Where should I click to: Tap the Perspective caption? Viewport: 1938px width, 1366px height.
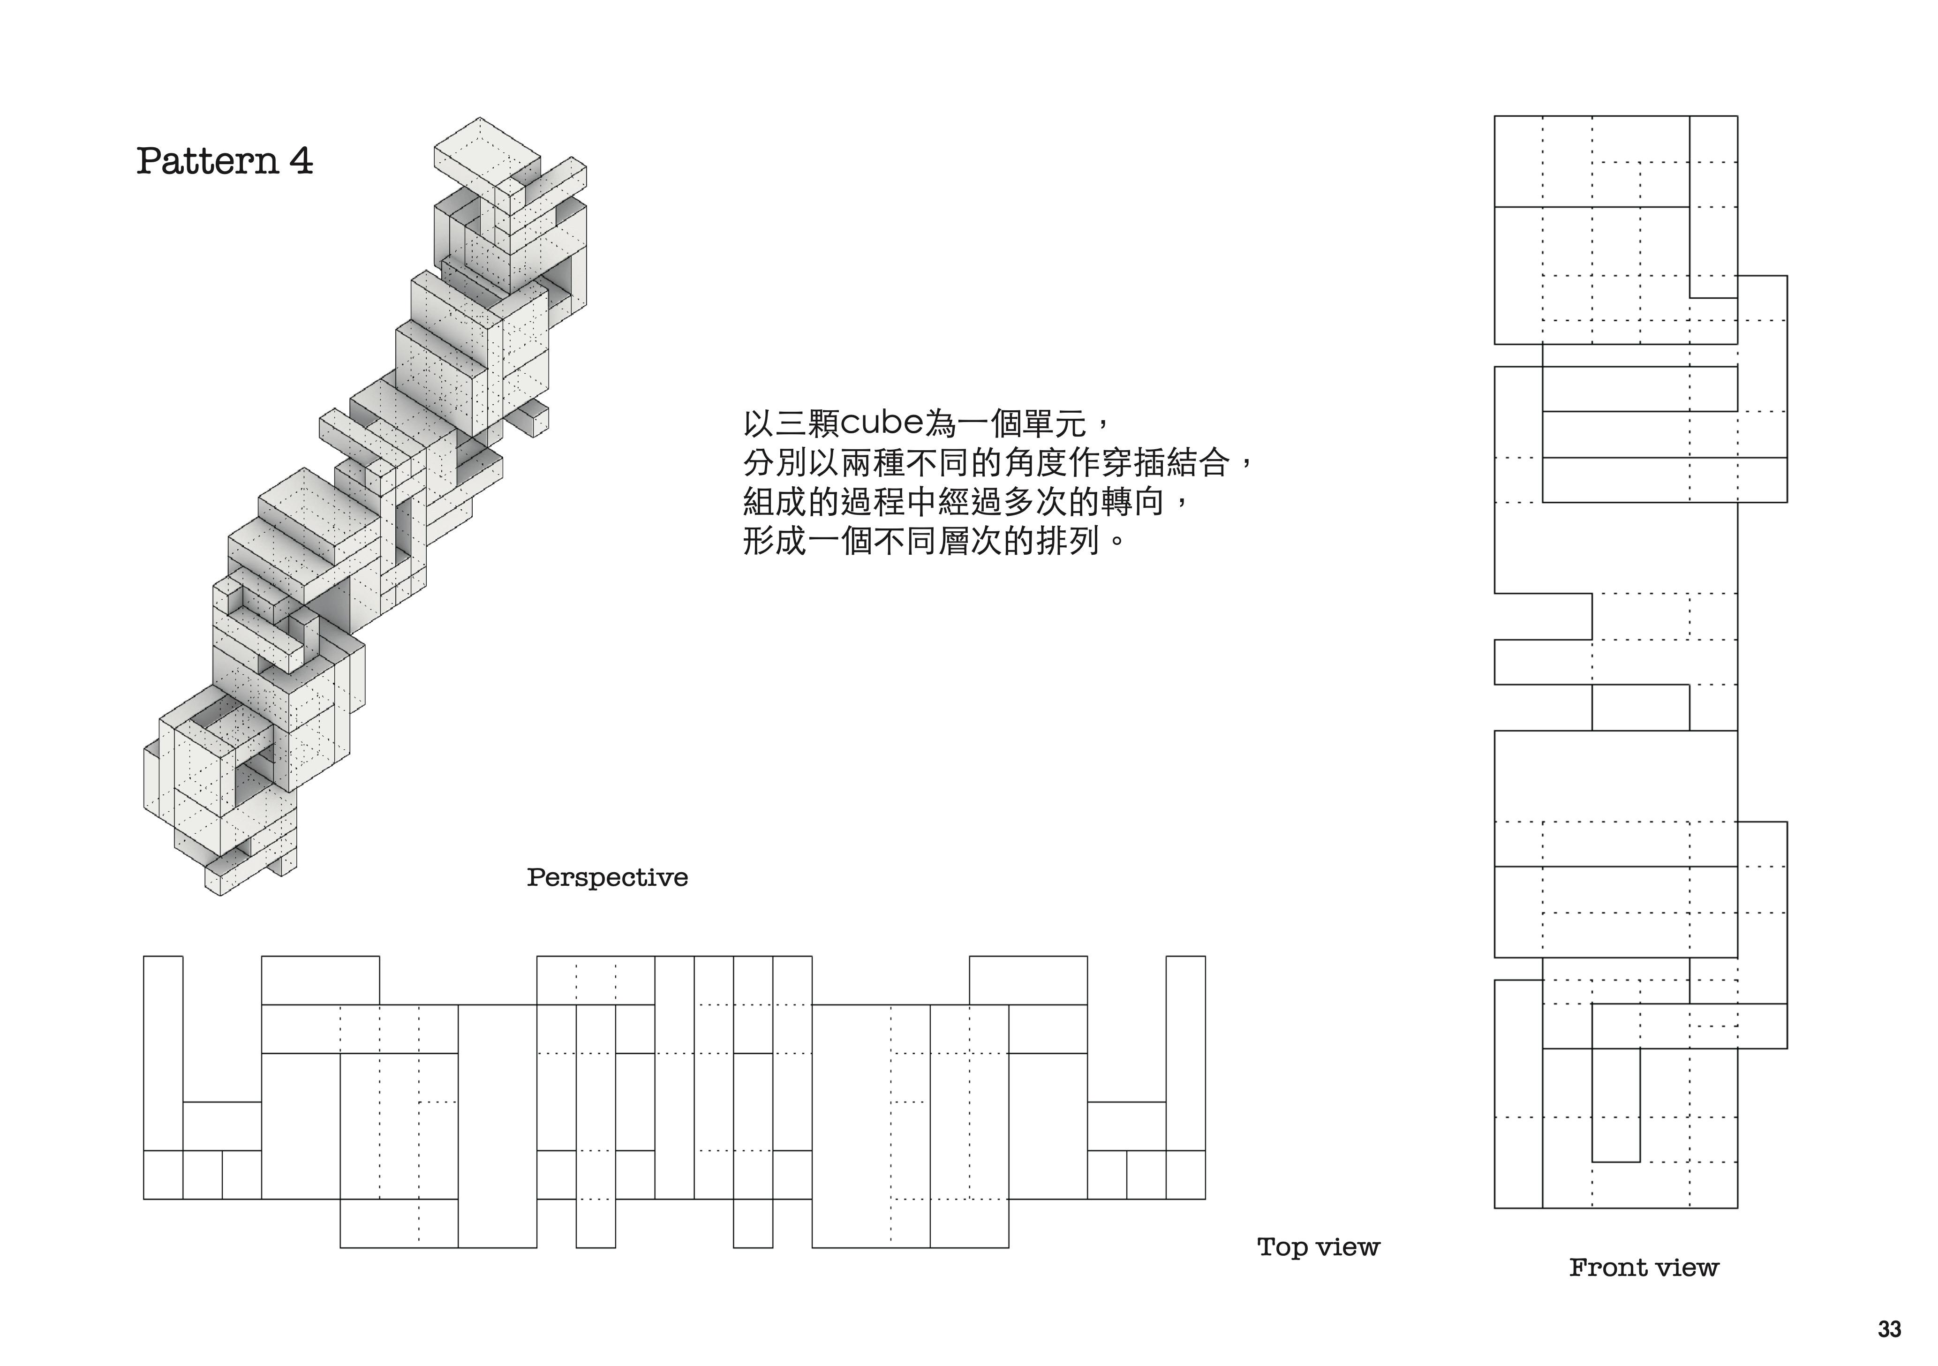[x=607, y=878]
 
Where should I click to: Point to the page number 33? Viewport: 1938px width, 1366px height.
[x=1889, y=1330]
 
